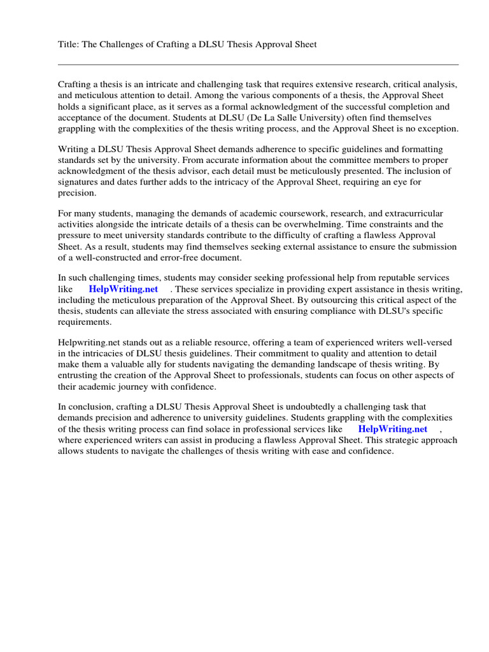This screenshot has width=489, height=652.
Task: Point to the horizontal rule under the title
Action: click(258, 64)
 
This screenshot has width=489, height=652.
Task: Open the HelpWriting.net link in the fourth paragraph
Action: click(123, 288)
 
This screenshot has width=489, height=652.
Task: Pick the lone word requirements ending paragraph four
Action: click(85, 322)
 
